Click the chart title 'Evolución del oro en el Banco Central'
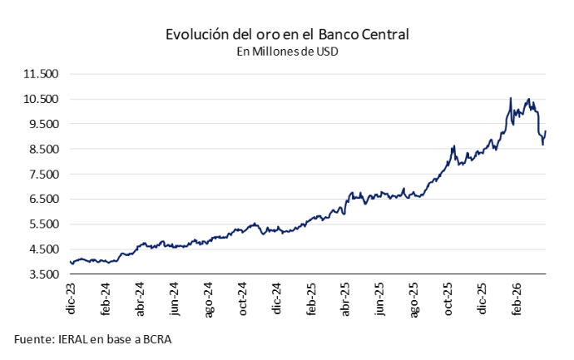(287, 35)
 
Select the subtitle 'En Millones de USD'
(287, 52)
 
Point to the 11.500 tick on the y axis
(41, 74)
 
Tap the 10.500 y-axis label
(41, 99)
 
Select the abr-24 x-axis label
(141, 300)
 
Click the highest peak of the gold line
(510, 98)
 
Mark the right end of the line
(545, 131)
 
